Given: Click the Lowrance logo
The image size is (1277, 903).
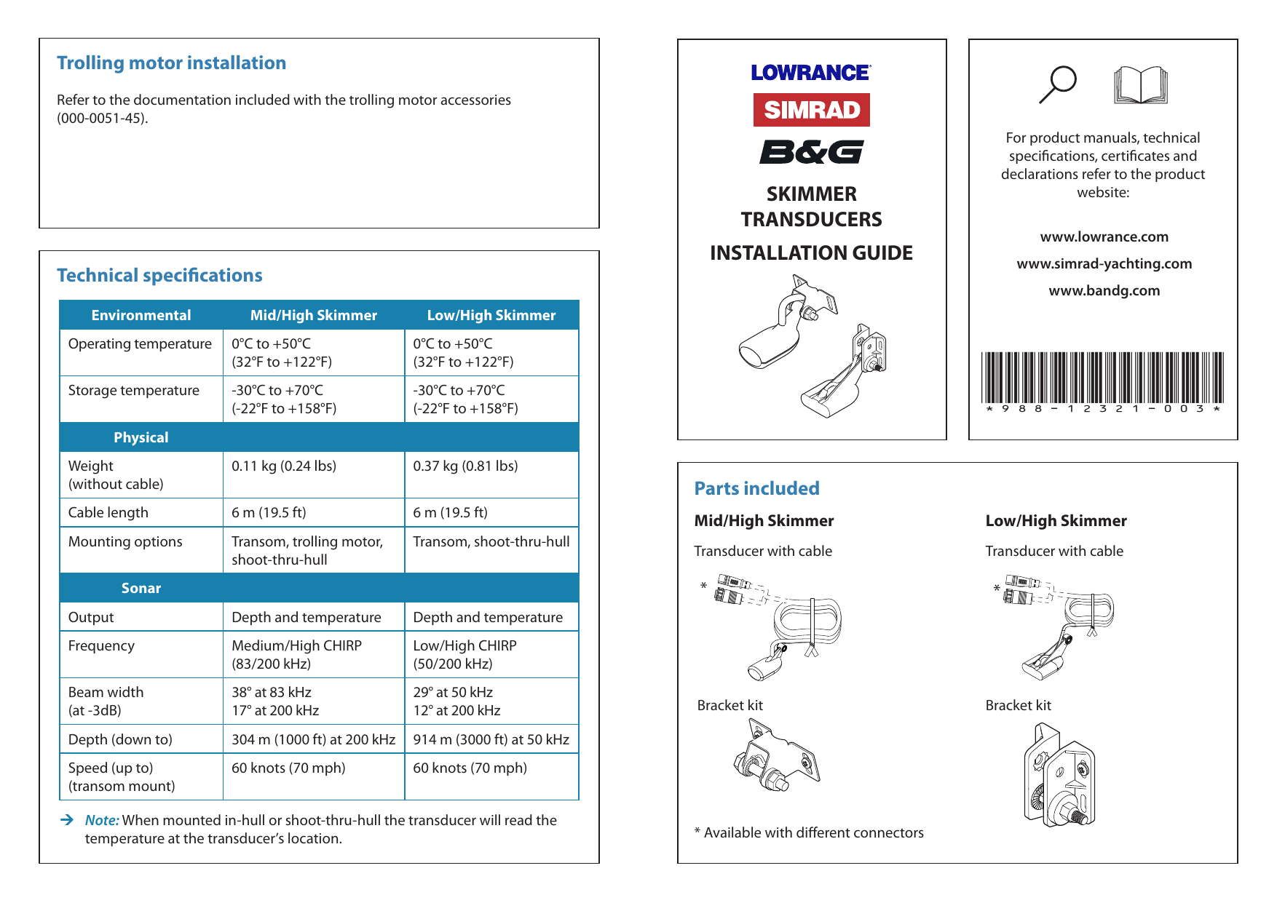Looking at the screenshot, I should pos(810,73).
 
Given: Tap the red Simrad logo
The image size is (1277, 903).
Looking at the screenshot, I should pos(811,110).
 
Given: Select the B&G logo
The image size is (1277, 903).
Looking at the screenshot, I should pos(811,152).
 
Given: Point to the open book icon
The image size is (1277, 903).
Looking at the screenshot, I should pos(1140,85).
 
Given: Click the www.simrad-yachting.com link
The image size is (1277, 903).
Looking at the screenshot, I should pos(1104,263).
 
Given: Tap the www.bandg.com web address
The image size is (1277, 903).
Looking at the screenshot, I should pos(1104,290).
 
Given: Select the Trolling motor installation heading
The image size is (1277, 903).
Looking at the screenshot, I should pos(171,63).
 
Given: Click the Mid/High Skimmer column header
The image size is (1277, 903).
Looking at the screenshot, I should pos(313,315).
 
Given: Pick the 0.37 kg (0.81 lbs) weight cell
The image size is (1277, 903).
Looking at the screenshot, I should pos(465,466).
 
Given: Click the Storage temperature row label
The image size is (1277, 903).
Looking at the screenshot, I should pos(134,390).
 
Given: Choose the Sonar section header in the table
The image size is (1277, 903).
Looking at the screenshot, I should pos(141,588).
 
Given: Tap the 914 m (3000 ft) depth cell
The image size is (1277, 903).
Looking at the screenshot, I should pos(491,739).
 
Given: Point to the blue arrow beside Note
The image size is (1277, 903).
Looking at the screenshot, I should pos(67,820).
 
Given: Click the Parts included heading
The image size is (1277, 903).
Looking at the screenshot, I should pos(756,488).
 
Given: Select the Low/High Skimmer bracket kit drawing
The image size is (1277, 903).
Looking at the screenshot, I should pos(1059,775).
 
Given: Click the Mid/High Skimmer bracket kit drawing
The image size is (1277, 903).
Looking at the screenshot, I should pos(777,755).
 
